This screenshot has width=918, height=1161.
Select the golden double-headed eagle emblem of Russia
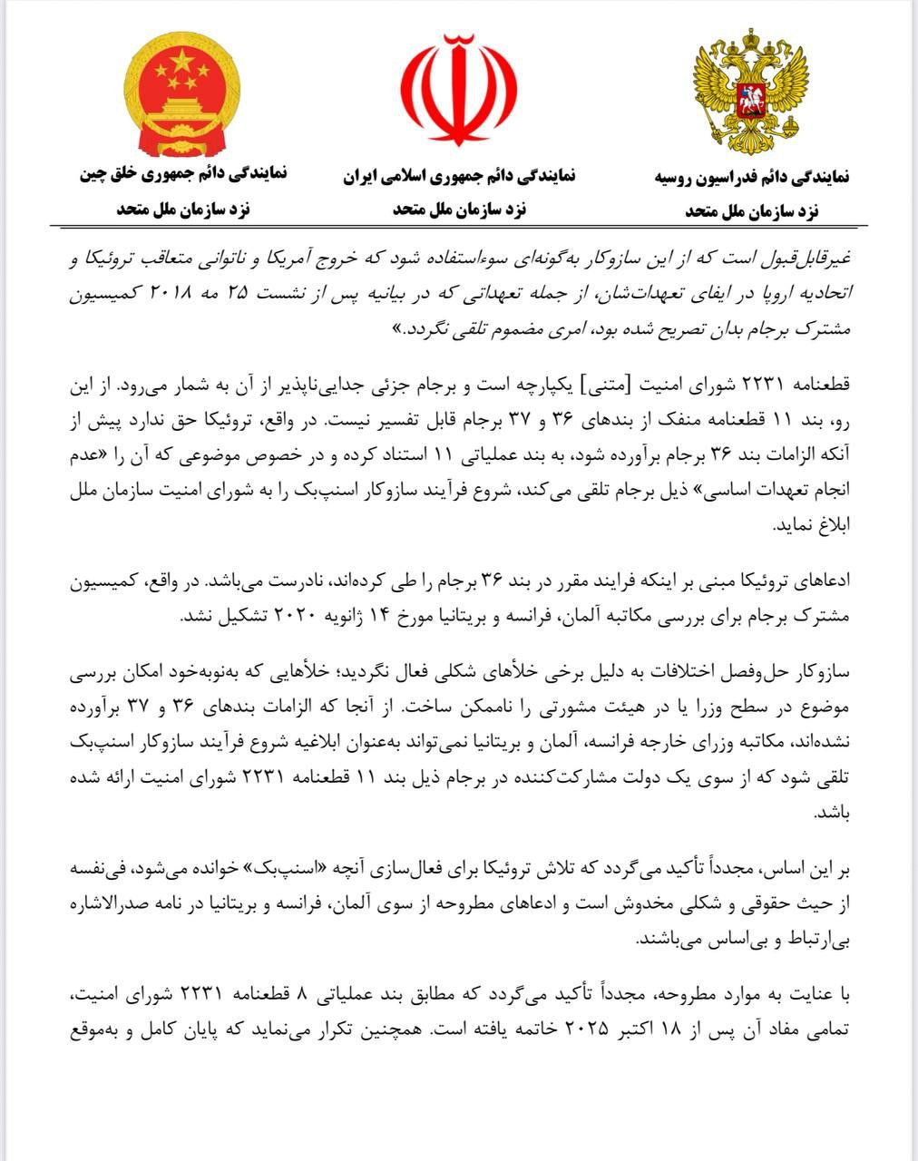tap(749, 91)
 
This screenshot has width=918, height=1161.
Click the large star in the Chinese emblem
tap(182, 63)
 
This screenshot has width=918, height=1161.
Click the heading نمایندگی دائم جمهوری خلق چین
tap(183, 172)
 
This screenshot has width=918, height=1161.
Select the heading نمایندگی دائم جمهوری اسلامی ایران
tap(459, 175)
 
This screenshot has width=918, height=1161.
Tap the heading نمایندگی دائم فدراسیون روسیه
tap(751, 177)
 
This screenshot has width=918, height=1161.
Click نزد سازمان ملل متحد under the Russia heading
tap(751, 210)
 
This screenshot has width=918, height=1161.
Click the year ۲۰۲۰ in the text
tap(287, 615)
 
